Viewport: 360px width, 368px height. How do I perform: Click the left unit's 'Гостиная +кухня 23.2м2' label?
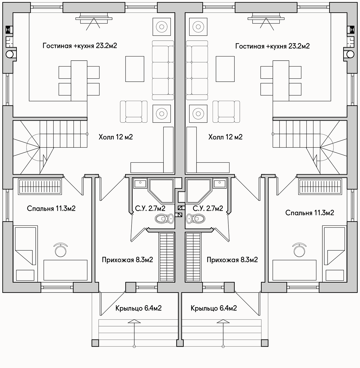[x=80, y=46]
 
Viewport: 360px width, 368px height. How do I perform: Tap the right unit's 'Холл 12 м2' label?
[x=225, y=137]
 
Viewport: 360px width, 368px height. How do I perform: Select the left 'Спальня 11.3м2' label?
[x=51, y=208]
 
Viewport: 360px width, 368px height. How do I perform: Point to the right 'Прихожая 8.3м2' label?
[x=232, y=260]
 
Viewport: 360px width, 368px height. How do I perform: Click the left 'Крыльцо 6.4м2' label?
[x=138, y=308]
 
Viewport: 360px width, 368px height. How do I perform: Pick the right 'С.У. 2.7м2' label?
[x=208, y=208]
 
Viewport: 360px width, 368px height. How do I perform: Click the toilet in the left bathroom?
[x=164, y=219]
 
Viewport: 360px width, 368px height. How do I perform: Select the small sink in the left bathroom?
[x=140, y=183]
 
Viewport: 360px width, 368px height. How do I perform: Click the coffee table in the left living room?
[x=135, y=69]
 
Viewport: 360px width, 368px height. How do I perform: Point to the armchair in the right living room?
[x=226, y=112]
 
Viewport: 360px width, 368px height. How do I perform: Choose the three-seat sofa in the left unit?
[x=163, y=70]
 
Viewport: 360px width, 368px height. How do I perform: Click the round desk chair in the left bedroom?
[x=61, y=250]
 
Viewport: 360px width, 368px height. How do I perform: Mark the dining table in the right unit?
[x=281, y=81]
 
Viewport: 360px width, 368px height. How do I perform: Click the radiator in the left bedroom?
[x=40, y=186]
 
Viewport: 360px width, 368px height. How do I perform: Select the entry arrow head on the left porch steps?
[x=134, y=321]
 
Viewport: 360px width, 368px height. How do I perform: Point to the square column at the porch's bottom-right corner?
[x=265, y=343]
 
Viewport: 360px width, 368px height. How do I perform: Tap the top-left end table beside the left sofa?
[x=162, y=27]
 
